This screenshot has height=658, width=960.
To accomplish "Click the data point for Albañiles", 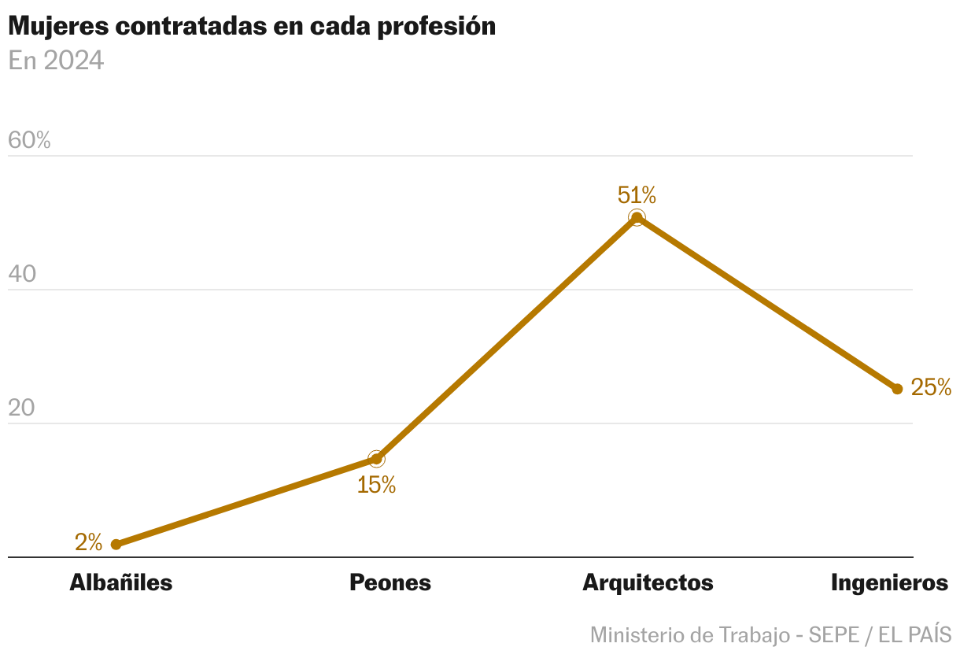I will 116,544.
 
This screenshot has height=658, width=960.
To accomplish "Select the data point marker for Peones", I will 376,459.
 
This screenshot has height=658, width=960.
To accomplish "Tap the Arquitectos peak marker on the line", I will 637,218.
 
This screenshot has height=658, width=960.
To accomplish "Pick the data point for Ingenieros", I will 897,389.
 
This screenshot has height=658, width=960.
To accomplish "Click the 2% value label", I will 88,542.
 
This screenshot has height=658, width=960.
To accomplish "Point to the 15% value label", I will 376,486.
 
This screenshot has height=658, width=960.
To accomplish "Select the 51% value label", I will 637,195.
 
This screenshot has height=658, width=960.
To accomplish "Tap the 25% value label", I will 931,387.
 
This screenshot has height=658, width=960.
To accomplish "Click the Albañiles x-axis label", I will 121,583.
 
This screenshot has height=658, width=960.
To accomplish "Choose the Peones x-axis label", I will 390,583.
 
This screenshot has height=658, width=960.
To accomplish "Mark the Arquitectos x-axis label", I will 648,583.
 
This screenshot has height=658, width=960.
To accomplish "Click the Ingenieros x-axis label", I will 889,583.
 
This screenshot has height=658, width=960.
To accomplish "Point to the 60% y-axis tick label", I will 29,141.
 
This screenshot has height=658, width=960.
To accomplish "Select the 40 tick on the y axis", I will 23,275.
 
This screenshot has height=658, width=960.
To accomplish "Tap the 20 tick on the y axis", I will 23,408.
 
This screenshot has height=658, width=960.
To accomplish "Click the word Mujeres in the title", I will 57,27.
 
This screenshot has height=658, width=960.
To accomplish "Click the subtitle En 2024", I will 56,61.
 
